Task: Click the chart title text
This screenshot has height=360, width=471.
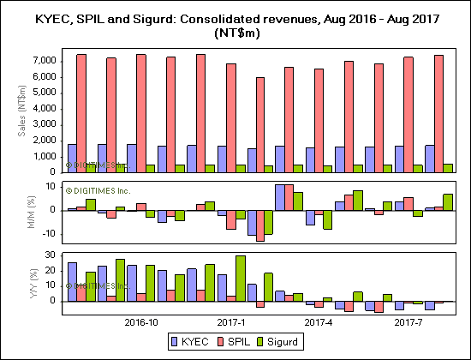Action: tap(235, 26)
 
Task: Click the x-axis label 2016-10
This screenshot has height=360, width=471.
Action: tap(140, 323)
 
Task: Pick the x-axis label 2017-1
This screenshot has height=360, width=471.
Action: tap(230, 323)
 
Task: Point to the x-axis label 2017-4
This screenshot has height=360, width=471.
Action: tap(319, 323)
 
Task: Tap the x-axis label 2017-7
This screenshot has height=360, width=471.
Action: tap(408, 323)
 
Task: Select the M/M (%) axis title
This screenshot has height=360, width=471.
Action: tap(22, 211)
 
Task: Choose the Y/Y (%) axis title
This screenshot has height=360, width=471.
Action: tap(22, 280)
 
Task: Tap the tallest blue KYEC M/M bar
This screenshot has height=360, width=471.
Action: tap(279, 196)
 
